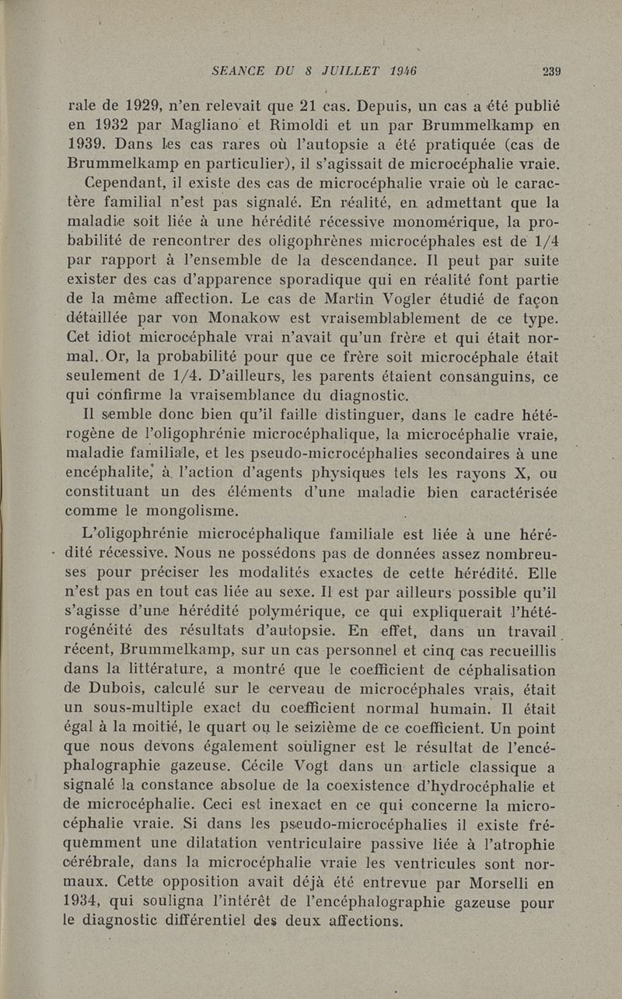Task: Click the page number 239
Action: tap(552, 71)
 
